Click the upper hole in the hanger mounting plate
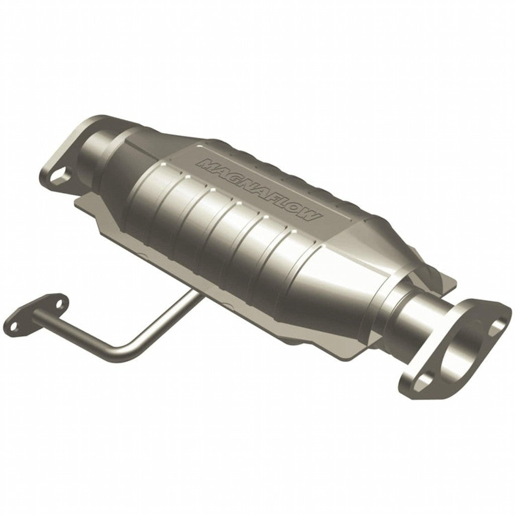pos(59,304)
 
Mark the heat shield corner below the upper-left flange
pos(83,201)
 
